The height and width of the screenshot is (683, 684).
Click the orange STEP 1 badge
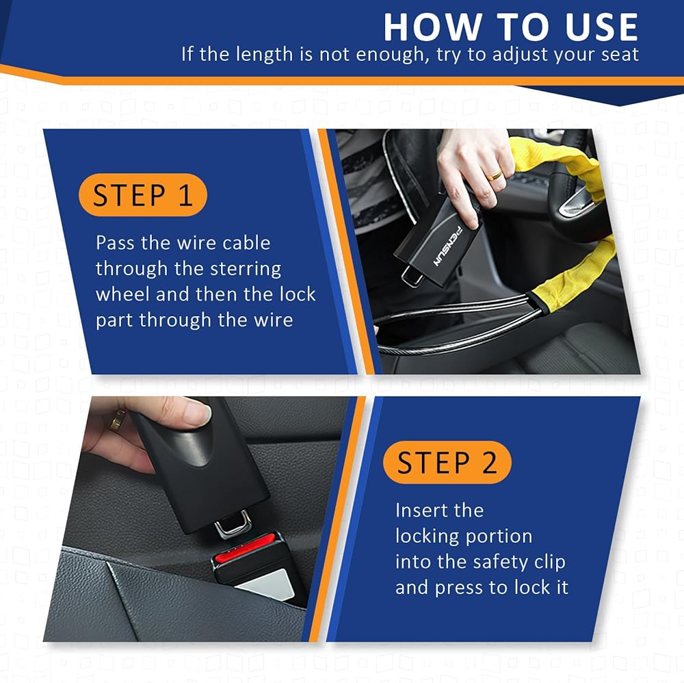coord(143,194)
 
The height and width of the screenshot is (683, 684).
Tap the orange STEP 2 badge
coord(447,462)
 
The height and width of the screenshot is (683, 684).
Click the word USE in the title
coord(601,27)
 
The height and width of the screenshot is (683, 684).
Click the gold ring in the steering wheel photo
coord(495,175)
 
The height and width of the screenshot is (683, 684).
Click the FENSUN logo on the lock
coord(447,246)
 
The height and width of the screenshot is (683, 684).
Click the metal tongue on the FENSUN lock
coord(412,275)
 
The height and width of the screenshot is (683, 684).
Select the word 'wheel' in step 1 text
coord(122,294)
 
